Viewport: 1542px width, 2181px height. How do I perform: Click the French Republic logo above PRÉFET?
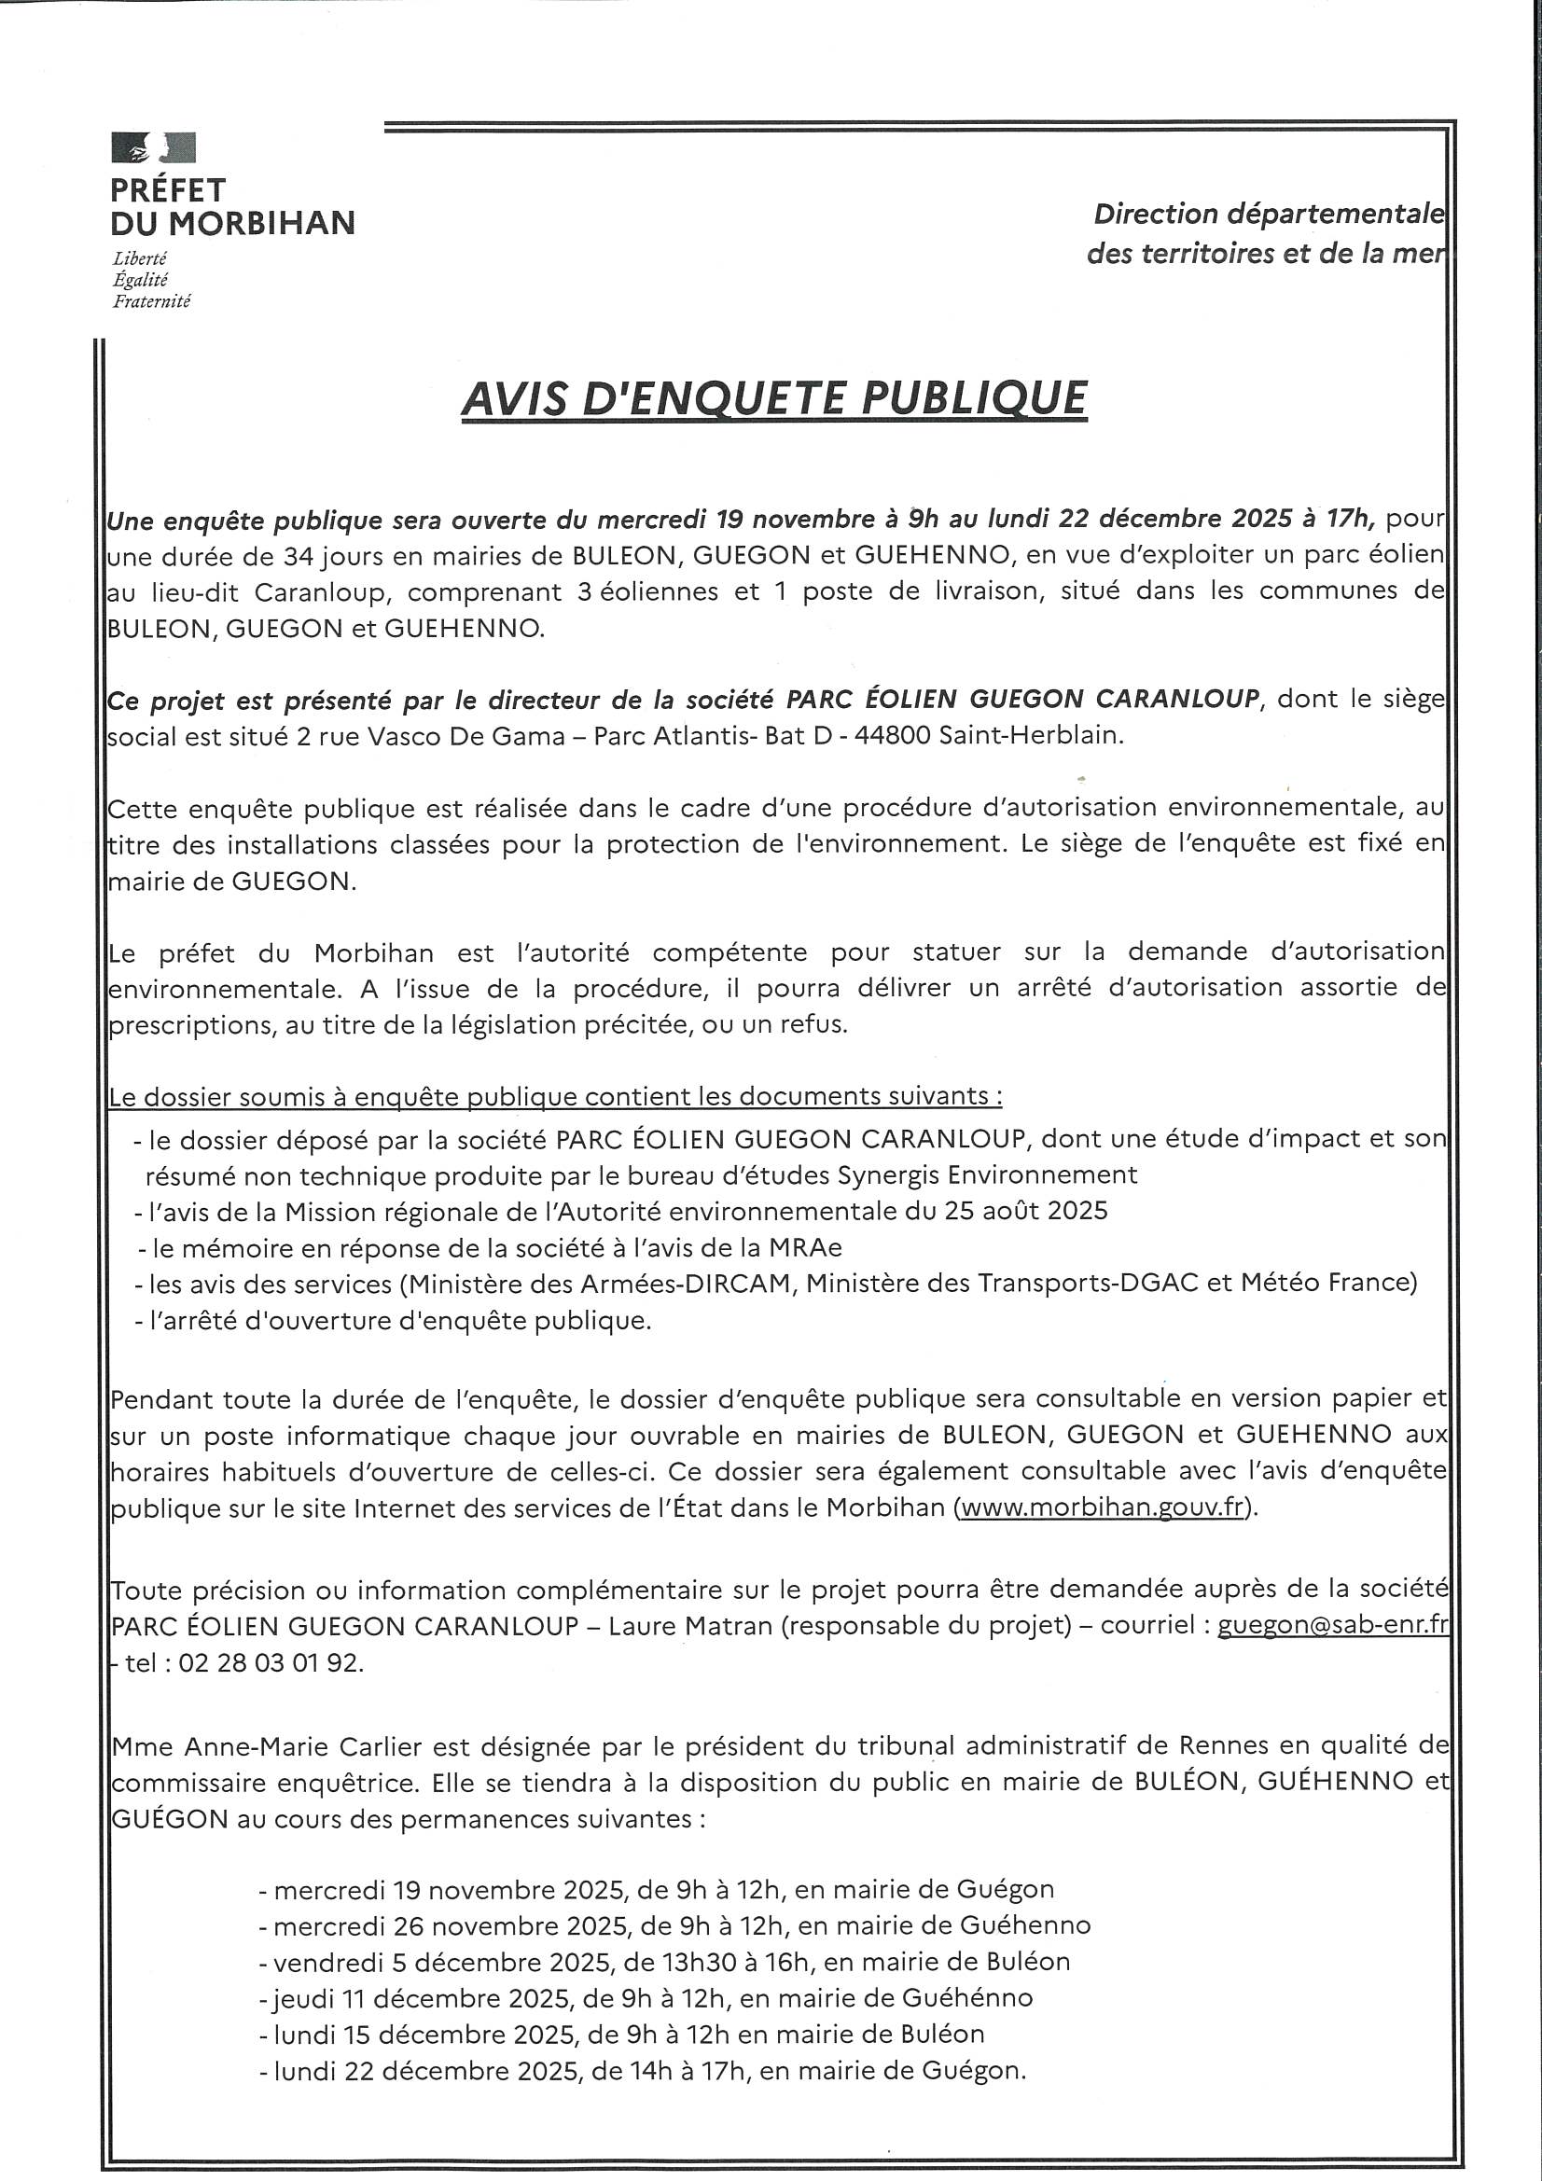click(x=153, y=147)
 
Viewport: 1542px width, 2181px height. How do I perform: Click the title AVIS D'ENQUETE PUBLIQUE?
click(x=774, y=399)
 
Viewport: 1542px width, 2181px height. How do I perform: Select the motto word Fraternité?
click(x=152, y=301)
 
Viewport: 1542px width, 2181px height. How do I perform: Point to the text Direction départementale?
click(x=1269, y=214)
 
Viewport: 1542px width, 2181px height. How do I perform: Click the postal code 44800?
click(x=892, y=736)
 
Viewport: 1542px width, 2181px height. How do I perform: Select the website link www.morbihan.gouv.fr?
click(x=1102, y=1507)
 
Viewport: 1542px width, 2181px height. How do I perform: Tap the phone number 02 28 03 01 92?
click(x=269, y=1662)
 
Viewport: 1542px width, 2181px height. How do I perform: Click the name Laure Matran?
click(x=689, y=1625)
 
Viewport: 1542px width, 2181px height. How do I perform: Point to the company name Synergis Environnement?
click(x=987, y=1175)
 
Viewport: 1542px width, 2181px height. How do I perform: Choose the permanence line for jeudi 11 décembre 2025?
click(x=646, y=1997)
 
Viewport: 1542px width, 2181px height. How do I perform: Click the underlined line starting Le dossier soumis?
click(x=556, y=1096)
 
